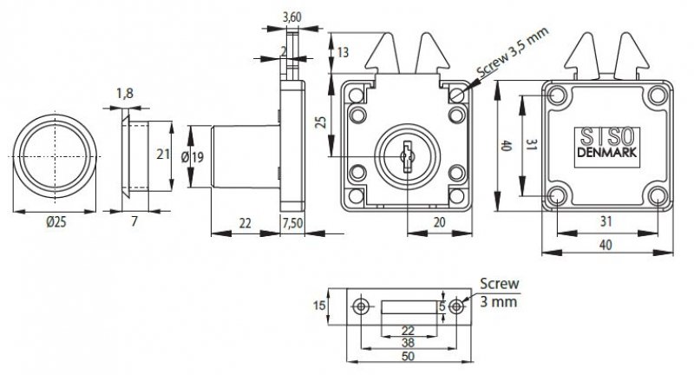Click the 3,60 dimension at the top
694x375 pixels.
coord(291,16)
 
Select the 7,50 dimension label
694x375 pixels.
coord(294,224)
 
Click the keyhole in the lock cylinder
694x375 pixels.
coord(404,156)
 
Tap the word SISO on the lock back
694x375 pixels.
coord(606,138)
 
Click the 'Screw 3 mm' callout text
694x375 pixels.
coord(500,294)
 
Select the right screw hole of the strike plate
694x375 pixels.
coord(457,306)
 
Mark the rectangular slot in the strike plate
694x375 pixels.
coord(409,306)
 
